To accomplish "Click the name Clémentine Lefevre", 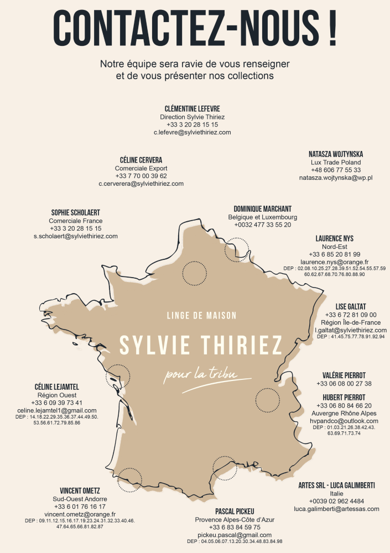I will point(192,108).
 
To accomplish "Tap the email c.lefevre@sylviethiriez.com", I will point(192,133).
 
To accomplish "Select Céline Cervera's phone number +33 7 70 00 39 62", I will point(141,176).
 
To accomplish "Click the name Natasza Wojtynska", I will point(336,154).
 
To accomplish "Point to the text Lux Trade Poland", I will point(336,163).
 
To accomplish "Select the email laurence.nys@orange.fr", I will point(335,262).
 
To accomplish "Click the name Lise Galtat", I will point(351,306).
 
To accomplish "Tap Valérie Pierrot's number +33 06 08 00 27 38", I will point(344,384).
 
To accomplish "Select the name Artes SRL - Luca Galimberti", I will point(336,485).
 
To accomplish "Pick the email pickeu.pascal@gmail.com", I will point(235,535).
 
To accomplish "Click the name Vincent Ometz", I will point(80,491).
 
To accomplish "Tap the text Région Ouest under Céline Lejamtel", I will point(57,395).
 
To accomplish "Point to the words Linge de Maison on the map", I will point(201,316).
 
